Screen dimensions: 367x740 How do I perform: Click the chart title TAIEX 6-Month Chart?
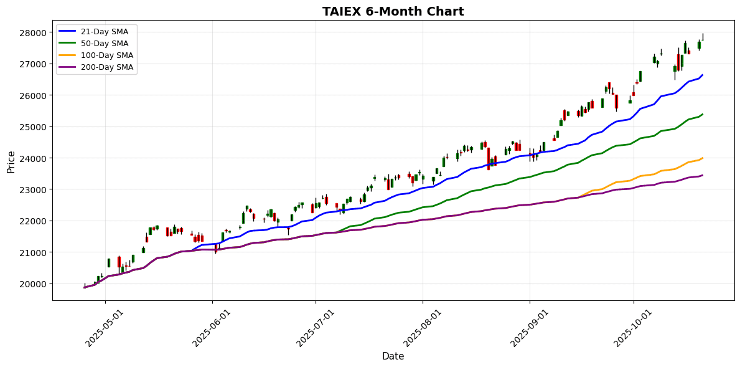tap(393, 11)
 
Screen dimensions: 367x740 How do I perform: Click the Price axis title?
tap(11, 161)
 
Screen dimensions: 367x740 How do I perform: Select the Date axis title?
tap(393, 356)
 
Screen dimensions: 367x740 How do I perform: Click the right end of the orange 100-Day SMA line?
tap(703, 158)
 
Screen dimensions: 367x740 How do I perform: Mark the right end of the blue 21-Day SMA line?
tap(703, 75)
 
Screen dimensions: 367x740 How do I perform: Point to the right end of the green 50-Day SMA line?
tap(703, 114)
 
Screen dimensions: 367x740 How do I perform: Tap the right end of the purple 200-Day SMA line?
tap(703, 175)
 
